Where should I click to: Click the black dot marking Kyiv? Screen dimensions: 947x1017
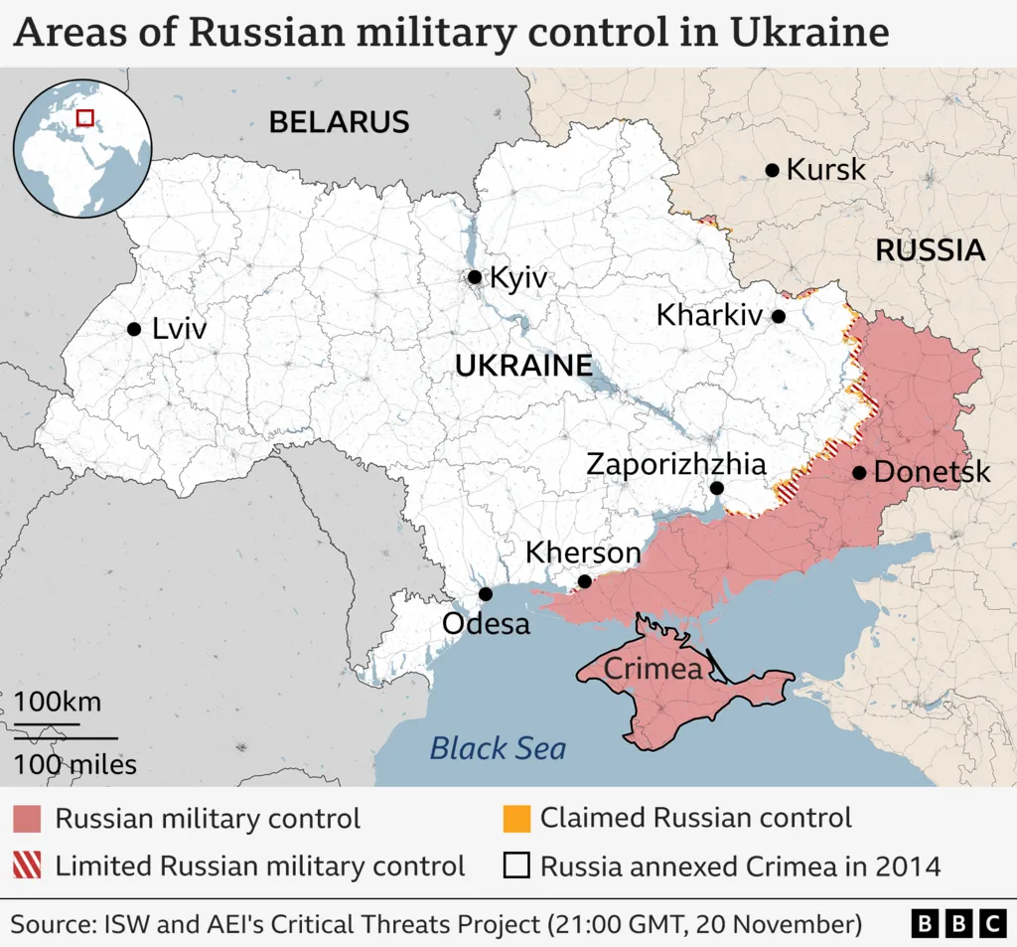tap(475, 277)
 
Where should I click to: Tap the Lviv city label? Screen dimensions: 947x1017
tap(180, 329)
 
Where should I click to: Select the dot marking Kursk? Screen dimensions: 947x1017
tap(772, 170)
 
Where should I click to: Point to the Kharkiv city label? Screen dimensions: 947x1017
tap(709, 316)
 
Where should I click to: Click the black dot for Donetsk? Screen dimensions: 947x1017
tap(859, 472)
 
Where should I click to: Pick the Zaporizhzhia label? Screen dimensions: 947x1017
tap(676, 464)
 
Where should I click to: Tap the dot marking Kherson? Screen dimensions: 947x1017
tap(585, 582)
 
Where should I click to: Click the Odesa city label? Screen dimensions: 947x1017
tap(486, 624)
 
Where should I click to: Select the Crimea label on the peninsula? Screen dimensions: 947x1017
tap(653, 669)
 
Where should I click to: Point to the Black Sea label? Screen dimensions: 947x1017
tap(498, 747)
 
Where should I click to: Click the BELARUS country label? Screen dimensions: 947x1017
tap(339, 122)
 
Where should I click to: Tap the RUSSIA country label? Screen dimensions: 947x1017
tap(930, 250)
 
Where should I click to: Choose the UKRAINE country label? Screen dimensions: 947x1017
tap(523, 365)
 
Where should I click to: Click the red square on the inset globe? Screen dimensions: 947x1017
tap(85, 117)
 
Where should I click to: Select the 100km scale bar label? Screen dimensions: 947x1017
tap(58, 702)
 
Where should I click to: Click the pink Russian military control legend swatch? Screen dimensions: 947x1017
tap(27, 819)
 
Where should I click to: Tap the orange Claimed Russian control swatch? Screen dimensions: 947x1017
tap(515, 819)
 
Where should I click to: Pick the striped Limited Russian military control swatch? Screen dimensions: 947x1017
tap(27, 866)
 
